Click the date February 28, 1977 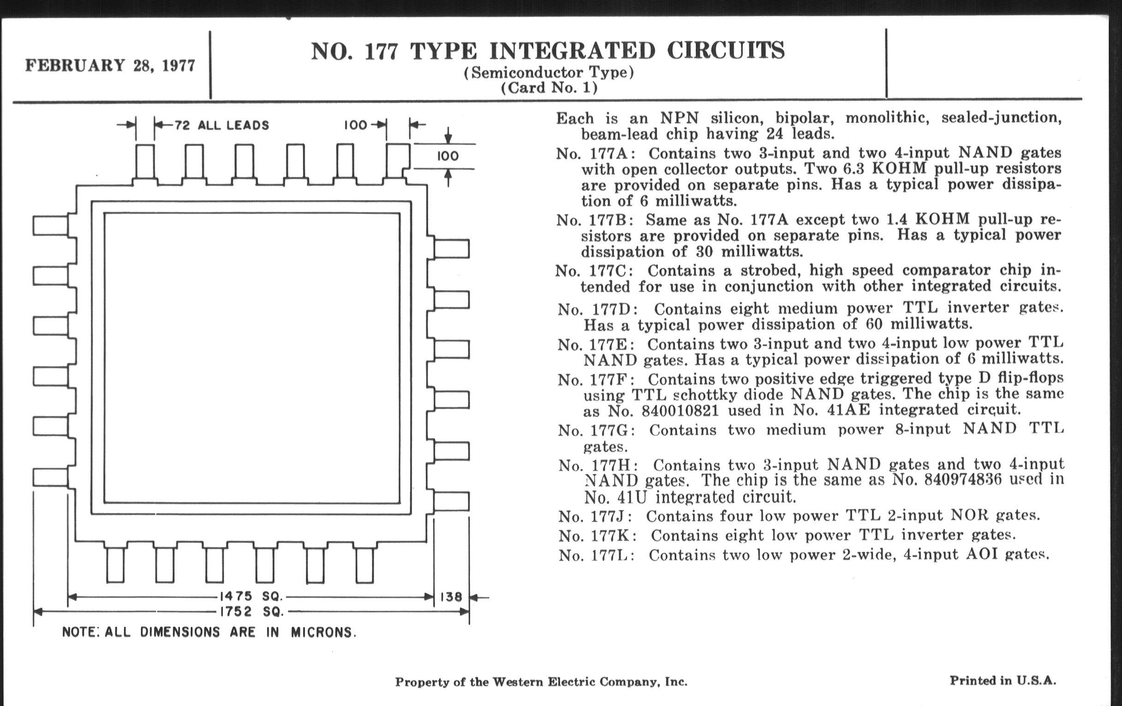tap(110, 66)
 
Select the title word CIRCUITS tap(726, 51)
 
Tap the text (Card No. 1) tap(549, 88)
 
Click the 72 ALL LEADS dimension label tap(221, 126)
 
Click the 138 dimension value tap(451, 597)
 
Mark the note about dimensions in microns tap(209, 632)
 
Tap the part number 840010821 tap(680, 411)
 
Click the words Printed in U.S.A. tap(1003, 681)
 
